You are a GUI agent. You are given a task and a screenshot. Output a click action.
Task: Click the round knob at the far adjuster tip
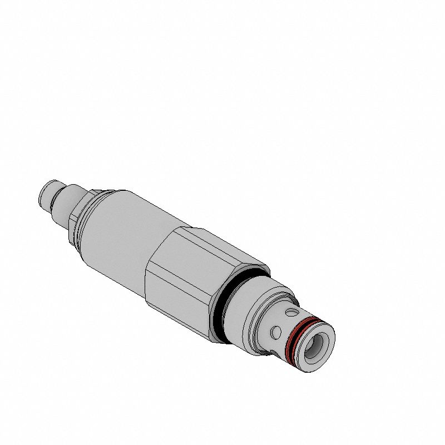[46, 194]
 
